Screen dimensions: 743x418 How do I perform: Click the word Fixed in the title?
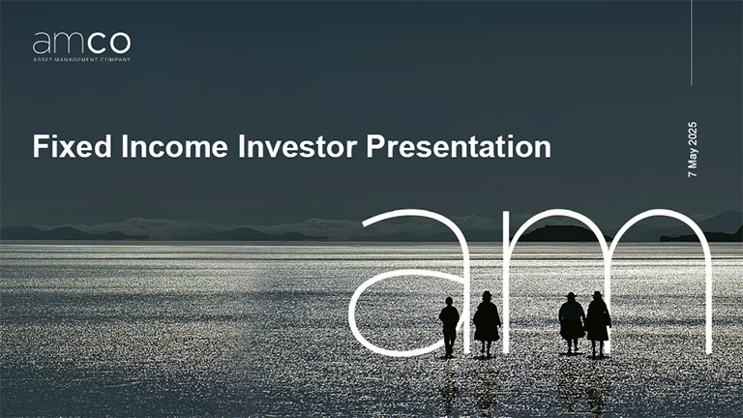pos(72,146)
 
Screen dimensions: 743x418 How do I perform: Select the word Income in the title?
pos(175,146)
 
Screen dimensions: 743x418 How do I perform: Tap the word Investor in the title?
pos(297,146)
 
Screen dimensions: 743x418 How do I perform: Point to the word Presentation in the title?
pos(459,147)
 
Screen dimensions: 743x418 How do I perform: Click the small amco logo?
pos(81,46)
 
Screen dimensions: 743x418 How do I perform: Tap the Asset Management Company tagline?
pos(81,60)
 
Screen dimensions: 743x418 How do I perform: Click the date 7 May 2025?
pos(693,150)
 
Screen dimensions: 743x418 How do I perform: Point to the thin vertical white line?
pos(692,43)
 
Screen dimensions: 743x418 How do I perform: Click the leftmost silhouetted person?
pos(449,326)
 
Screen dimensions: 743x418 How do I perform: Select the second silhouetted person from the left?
pos(487,322)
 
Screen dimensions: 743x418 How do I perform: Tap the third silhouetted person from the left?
pos(572,322)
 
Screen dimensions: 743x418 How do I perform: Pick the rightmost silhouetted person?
pos(598,323)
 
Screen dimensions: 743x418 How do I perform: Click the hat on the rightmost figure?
pos(597,294)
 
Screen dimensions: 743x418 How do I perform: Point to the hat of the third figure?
pos(571,295)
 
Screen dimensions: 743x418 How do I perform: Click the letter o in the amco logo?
pos(120,44)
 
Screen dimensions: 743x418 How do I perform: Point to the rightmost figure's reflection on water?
pos(598,385)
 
